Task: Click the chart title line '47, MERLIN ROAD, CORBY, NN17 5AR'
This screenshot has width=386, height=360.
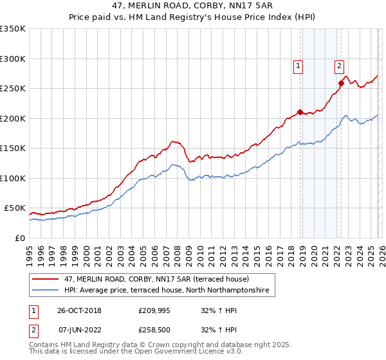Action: (x=193, y=6)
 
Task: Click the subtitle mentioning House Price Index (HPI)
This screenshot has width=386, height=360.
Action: (x=193, y=17)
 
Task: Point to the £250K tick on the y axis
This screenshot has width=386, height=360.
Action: (x=13, y=89)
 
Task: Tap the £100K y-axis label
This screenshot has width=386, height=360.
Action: (x=13, y=178)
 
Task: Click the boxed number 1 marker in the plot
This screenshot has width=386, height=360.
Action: (x=299, y=65)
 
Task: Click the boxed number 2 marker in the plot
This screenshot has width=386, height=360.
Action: (x=339, y=65)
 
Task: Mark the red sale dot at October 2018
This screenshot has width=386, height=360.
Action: (x=300, y=113)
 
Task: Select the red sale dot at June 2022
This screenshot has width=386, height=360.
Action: (x=341, y=83)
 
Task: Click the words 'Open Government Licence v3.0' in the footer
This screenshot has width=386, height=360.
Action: (x=195, y=353)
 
